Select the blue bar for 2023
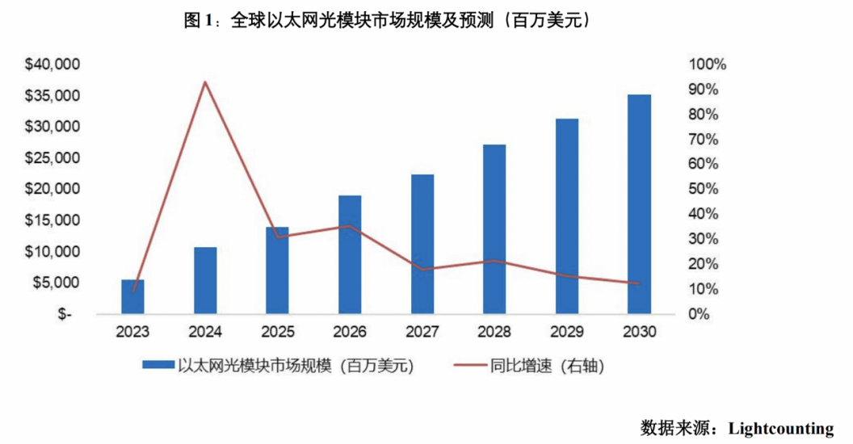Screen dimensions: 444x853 click(x=133, y=296)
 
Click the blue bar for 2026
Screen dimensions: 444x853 click(x=350, y=254)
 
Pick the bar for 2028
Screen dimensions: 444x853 click(x=494, y=229)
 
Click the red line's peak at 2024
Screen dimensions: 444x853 click(x=205, y=82)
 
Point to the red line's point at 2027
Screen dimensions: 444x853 click(x=422, y=270)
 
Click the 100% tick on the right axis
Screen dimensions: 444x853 click(x=708, y=65)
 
